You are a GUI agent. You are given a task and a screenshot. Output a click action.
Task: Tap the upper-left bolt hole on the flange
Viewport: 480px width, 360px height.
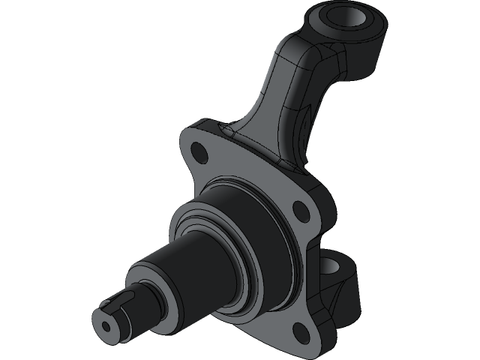click(199, 154)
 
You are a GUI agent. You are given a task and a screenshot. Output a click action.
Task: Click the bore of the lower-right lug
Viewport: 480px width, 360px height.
click(332, 265)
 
